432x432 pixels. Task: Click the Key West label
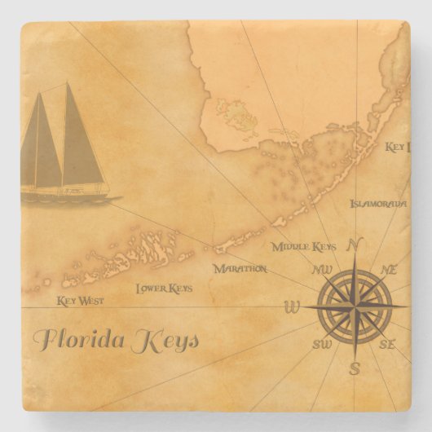80,301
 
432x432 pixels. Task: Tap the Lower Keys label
164,288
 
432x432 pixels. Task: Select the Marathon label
240,267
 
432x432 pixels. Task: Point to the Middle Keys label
303,245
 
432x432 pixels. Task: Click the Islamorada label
377,203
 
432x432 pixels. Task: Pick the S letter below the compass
355,368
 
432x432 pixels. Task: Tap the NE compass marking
389,269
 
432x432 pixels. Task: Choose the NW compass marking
321,269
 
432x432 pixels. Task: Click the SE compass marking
387,345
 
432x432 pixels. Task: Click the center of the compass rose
355,306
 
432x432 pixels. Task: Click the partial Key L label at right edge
395,148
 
